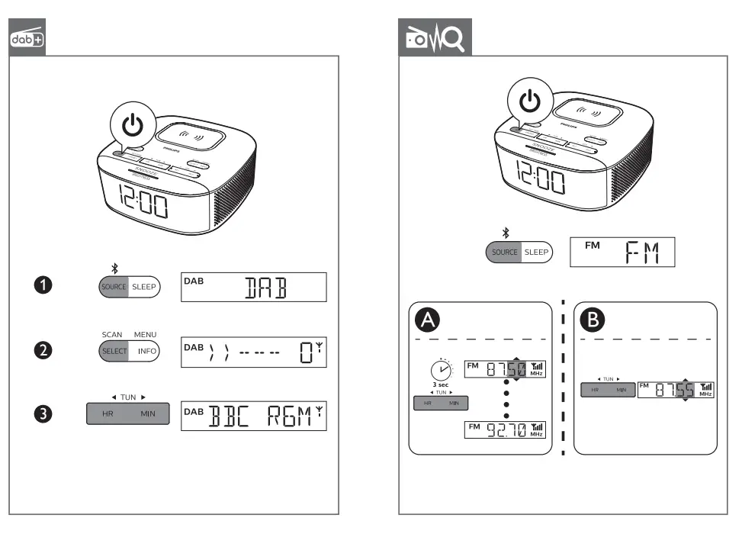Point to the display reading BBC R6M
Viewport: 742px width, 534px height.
(253, 416)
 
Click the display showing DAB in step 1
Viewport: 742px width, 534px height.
(253, 287)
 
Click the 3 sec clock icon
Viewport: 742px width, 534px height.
(440, 372)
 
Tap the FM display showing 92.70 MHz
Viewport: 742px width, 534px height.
(506, 430)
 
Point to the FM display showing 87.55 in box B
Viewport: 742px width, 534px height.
(676, 390)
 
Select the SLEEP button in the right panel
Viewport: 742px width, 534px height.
(536, 252)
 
